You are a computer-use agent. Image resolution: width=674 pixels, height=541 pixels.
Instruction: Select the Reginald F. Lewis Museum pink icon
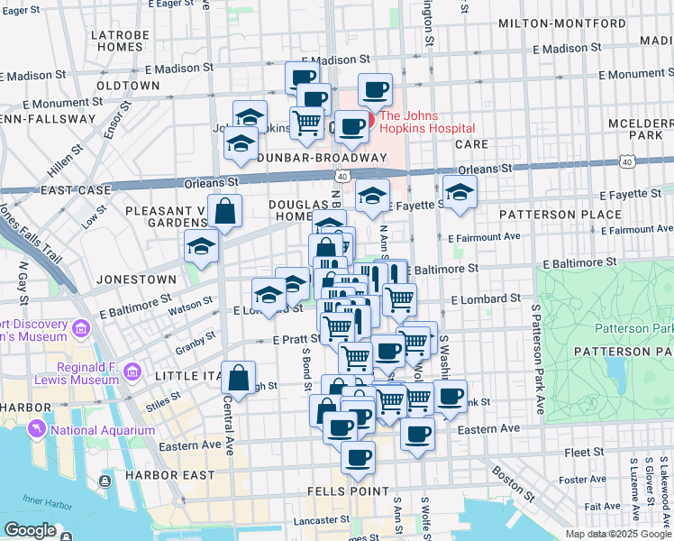click(132, 371)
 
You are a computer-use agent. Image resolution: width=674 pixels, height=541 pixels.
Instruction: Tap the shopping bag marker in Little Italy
click(239, 378)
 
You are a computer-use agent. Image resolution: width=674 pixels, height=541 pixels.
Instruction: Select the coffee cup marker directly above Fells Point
click(358, 457)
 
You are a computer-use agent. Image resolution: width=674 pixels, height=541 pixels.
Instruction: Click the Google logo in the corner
click(30, 530)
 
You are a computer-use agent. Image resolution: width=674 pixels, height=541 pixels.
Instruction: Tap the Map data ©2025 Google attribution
click(617, 534)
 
